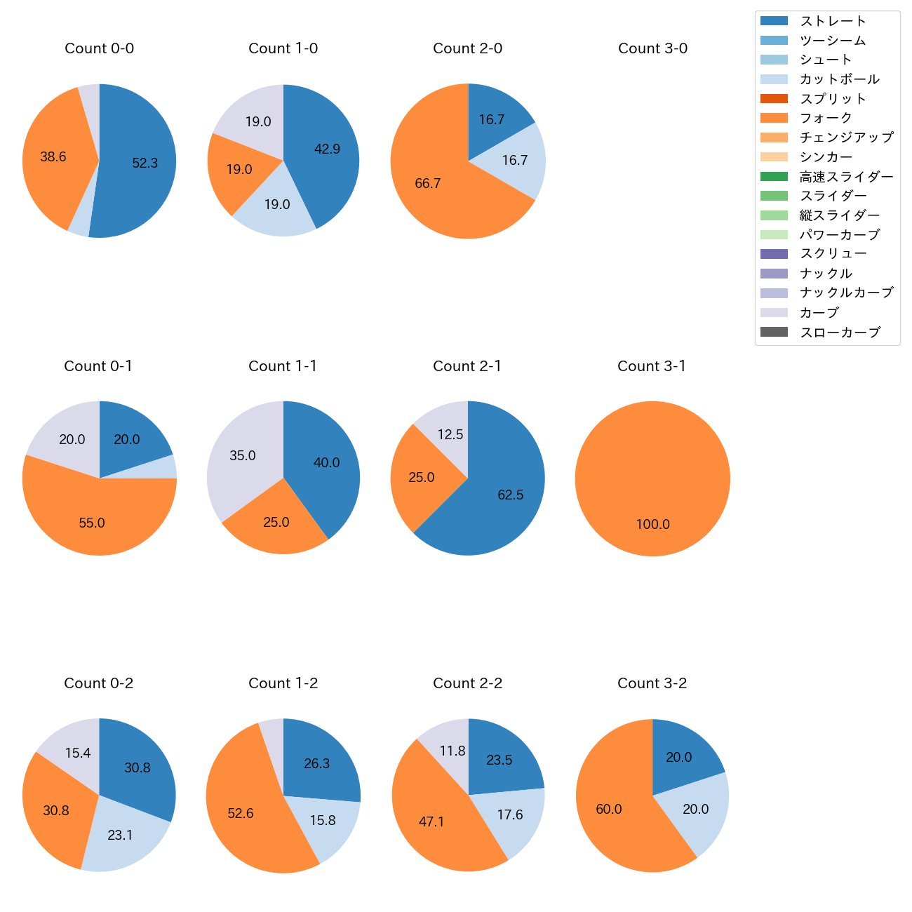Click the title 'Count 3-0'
[x=652, y=48]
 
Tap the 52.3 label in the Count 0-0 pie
[x=145, y=163]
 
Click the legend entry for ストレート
[x=833, y=21]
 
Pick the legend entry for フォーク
[x=826, y=118]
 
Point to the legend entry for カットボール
[x=839, y=79]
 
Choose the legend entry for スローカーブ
[x=840, y=333]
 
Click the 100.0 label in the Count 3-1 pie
[x=653, y=525]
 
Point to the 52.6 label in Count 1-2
[x=241, y=814]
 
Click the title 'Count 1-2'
[x=283, y=683]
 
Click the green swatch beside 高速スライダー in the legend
[x=774, y=177]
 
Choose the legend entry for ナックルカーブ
[x=846, y=293]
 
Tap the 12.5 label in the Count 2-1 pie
[x=450, y=435]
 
